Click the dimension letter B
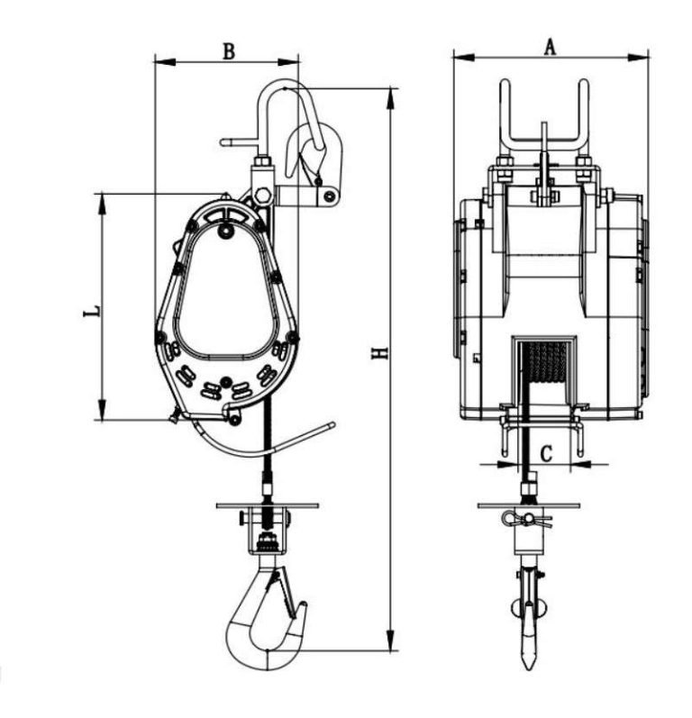click(x=229, y=51)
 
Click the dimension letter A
click(x=549, y=48)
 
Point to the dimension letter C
click(x=545, y=451)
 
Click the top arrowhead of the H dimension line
click(x=391, y=95)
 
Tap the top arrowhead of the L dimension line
click(x=101, y=201)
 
